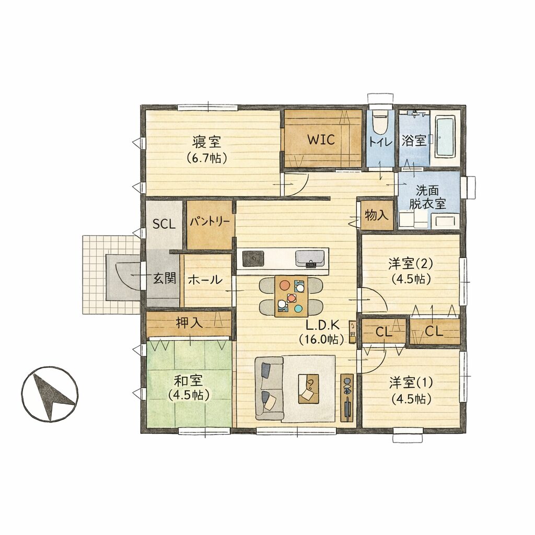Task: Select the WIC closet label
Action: pyautogui.click(x=320, y=139)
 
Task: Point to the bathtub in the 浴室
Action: pyautogui.click(x=445, y=137)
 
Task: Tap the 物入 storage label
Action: pyautogui.click(x=377, y=215)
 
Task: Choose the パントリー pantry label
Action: pyautogui.click(x=210, y=222)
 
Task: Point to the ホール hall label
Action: pyautogui.click(x=205, y=280)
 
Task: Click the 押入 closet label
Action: pyautogui.click(x=188, y=323)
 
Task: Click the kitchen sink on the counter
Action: pyautogui.click(x=310, y=259)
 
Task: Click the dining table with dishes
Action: pyautogui.click(x=291, y=296)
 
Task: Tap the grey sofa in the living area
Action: pyautogui.click(x=269, y=389)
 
